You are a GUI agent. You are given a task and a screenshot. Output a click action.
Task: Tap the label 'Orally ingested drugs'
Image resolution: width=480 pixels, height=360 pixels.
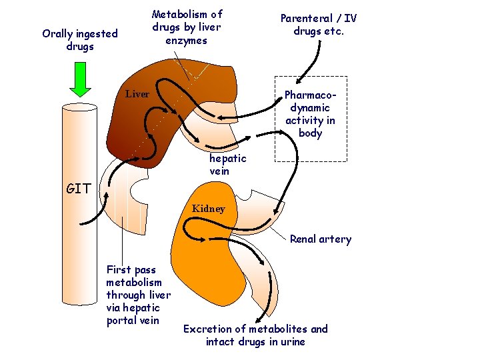[x=79, y=40]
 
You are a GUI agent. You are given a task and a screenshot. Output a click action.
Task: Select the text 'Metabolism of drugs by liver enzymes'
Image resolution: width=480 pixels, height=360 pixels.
[x=187, y=27]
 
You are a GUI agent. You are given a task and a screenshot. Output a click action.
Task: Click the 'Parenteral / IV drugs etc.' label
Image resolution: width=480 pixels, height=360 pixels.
[x=318, y=25]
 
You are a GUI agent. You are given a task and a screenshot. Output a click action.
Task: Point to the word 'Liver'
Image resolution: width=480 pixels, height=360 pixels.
[x=137, y=94]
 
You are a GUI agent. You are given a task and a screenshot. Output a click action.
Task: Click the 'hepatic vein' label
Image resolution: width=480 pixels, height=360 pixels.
[x=227, y=165]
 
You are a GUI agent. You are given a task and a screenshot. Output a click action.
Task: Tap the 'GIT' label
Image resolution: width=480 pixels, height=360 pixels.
[x=79, y=189]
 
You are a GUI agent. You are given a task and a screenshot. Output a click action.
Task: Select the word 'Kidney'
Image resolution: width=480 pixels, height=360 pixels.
[x=209, y=209]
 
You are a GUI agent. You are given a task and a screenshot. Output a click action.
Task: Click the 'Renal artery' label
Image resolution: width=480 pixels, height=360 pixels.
[x=320, y=239]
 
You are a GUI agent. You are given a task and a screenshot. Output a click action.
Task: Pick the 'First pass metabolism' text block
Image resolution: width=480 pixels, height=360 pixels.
[x=138, y=295]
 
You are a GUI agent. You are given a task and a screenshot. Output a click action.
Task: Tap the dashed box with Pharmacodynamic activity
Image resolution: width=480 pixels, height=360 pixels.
[x=311, y=123]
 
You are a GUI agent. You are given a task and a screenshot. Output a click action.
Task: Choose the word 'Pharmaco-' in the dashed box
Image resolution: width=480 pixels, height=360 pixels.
[x=311, y=95]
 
